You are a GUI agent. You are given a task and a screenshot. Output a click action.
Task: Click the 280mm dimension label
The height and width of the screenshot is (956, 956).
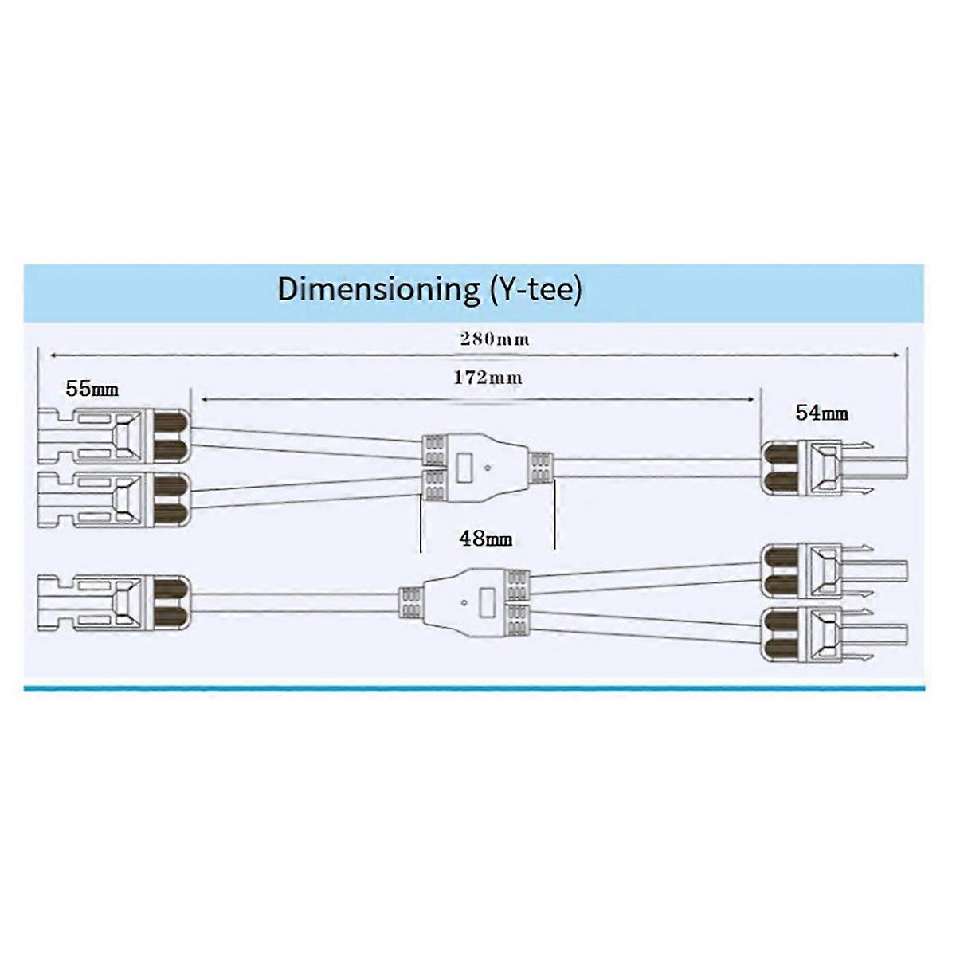(x=494, y=339)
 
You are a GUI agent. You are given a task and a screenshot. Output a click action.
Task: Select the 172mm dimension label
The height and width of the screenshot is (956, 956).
(x=488, y=378)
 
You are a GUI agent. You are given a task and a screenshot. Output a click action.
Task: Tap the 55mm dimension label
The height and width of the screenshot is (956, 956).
(x=92, y=389)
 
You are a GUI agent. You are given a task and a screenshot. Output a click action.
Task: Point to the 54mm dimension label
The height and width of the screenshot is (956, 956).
(x=821, y=413)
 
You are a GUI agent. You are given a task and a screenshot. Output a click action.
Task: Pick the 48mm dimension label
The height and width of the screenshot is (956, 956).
(x=485, y=539)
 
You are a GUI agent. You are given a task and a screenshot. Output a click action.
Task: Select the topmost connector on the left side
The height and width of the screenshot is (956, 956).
(x=114, y=435)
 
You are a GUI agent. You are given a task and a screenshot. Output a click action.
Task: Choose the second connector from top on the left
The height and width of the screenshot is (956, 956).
(x=114, y=500)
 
